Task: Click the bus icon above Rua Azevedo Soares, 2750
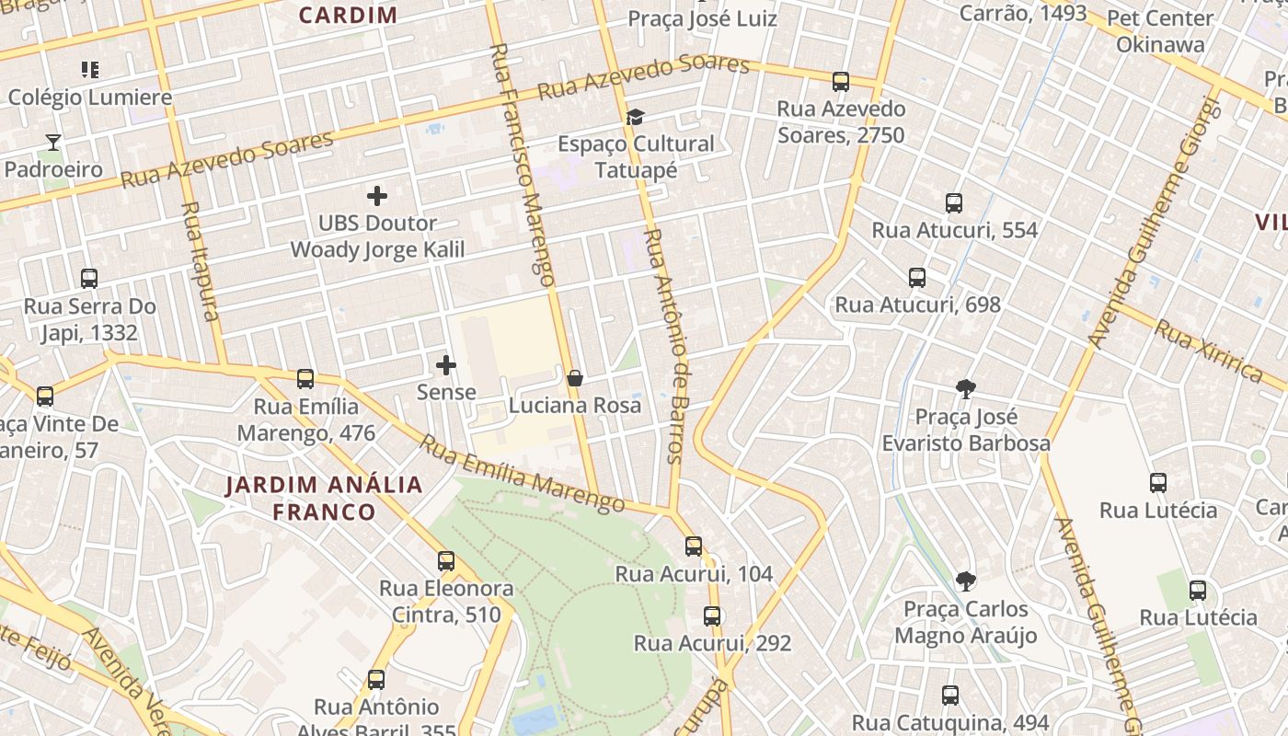[x=840, y=81]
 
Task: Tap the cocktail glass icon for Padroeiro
[x=53, y=142]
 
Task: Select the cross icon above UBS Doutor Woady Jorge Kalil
[x=376, y=196]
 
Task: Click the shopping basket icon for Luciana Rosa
[x=575, y=378]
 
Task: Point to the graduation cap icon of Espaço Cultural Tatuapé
[x=635, y=117]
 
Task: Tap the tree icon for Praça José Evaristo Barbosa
[x=965, y=389]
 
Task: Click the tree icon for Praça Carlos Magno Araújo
[x=965, y=581]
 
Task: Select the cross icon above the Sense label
[x=446, y=365]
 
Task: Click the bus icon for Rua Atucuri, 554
[x=954, y=203]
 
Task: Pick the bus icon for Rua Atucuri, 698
[x=916, y=277]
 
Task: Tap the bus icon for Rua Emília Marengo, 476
[x=305, y=378]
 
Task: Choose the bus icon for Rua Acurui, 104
[x=694, y=546]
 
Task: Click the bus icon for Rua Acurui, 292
[x=711, y=616]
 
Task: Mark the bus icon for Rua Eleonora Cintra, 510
[x=446, y=560]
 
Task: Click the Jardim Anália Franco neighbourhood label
[x=324, y=498]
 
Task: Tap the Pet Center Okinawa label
[x=1160, y=31]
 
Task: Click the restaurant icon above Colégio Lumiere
[x=89, y=69]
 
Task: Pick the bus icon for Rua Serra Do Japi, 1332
[x=89, y=278]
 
